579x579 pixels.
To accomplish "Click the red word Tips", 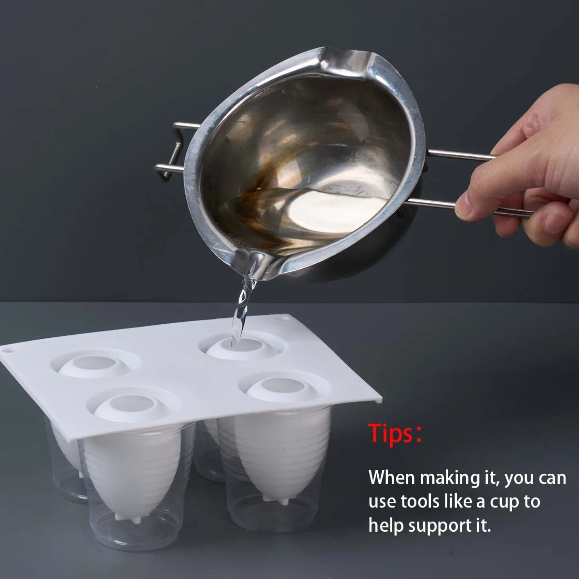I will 391,434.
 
